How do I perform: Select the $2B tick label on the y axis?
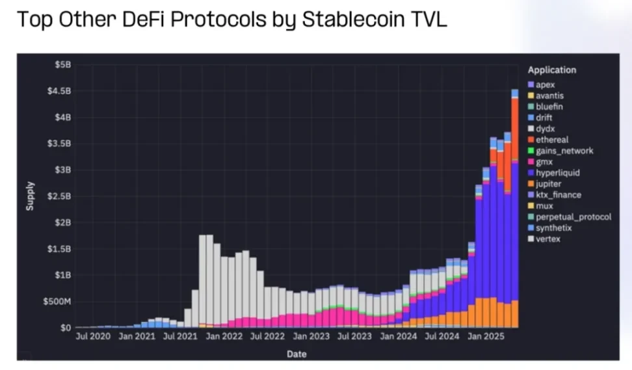pos(62,222)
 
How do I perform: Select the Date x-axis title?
pos(296,354)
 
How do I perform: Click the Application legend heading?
pos(551,70)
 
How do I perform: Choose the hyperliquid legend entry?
pos(557,173)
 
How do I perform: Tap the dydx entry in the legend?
pos(546,129)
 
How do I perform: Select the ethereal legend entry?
pos(552,140)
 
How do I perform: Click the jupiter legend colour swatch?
pos(531,184)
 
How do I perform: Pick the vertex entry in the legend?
pos(548,239)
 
